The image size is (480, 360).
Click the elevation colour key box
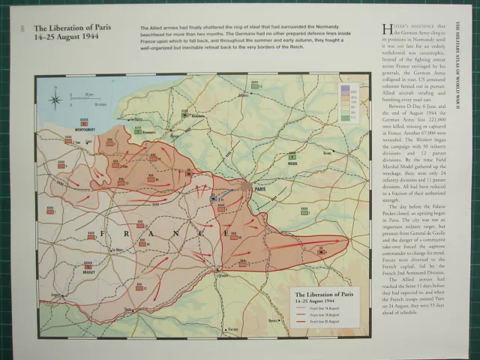(x=346, y=100)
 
